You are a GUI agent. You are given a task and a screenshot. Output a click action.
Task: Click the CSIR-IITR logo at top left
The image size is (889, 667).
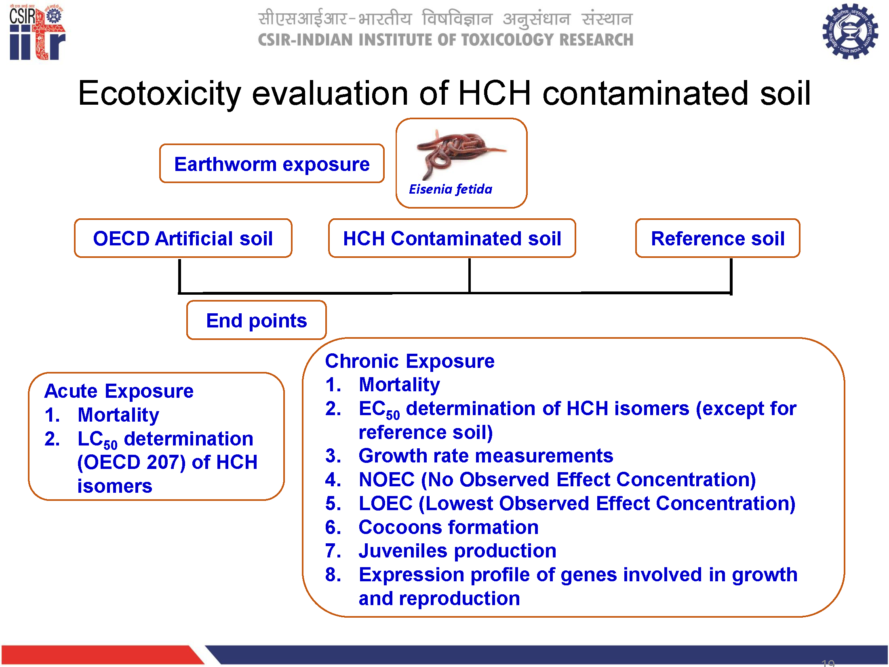click(37, 32)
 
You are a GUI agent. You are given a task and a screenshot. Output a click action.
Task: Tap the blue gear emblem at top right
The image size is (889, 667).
click(850, 31)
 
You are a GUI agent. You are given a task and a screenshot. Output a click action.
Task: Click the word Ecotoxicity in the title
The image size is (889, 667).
click(160, 93)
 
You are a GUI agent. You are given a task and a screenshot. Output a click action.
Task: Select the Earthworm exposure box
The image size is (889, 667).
click(272, 164)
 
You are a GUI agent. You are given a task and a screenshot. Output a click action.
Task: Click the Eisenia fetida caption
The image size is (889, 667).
click(451, 189)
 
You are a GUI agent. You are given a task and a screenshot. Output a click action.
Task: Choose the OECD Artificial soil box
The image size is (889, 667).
click(183, 239)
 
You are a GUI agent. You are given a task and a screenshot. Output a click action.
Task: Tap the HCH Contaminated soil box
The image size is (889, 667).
click(452, 239)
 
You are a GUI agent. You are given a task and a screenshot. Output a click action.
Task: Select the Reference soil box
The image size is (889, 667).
click(718, 239)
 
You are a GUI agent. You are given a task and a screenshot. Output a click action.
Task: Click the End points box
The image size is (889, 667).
click(256, 320)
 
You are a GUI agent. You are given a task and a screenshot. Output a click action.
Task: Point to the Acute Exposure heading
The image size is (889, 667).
click(119, 391)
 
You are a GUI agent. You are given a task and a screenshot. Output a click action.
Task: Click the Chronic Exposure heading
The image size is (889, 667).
click(410, 361)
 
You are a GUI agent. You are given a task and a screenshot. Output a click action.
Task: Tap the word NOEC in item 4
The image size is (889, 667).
click(387, 480)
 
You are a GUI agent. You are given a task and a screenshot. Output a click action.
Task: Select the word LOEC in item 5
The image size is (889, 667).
click(386, 504)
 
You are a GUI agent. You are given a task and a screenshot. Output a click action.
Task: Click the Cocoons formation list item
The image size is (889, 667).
click(449, 528)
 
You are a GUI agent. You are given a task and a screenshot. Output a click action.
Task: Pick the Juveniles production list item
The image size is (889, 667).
click(457, 551)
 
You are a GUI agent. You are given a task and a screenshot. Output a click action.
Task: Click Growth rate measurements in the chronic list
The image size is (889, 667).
click(486, 456)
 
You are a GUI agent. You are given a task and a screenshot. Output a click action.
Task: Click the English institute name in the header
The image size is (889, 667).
click(446, 40)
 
